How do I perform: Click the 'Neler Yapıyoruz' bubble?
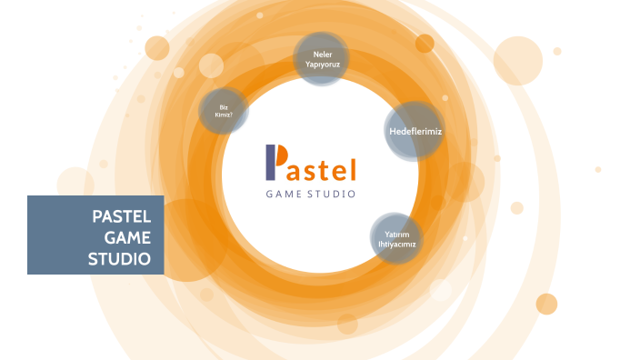click(322, 60)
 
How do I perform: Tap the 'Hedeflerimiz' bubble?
click(415, 132)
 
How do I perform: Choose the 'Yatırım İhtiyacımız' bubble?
click(401, 239)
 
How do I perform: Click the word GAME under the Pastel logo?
click(283, 194)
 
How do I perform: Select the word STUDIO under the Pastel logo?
click(332, 194)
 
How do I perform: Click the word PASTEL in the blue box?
click(127, 218)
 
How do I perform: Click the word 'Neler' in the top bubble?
click(322, 55)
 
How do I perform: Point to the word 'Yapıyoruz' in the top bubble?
click(322, 65)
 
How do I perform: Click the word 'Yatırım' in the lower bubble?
click(401, 234)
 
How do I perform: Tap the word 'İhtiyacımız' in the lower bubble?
click(401, 245)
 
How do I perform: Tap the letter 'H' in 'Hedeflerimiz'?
click(392, 132)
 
